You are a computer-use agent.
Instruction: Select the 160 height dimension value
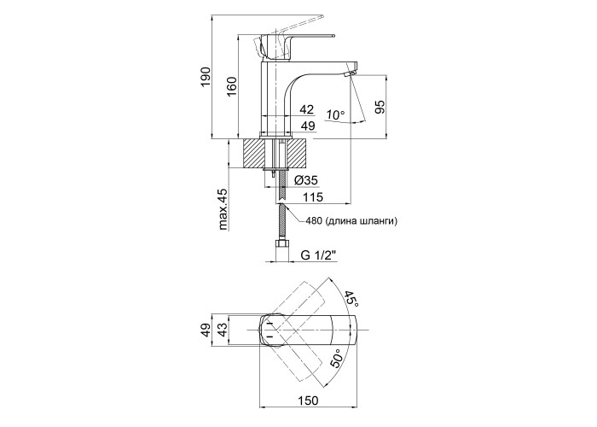tap(231, 87)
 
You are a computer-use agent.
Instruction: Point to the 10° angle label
tap(335, 114)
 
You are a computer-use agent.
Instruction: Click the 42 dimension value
tap(308, 109)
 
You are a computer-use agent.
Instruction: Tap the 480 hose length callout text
tap(351, 221)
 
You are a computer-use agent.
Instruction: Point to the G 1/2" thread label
tap(320, 254)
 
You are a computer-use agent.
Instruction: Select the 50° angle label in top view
tap(338, 357)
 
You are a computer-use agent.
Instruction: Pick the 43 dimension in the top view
tap(224, 330)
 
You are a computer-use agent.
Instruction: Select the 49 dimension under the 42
tap(308, 126)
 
